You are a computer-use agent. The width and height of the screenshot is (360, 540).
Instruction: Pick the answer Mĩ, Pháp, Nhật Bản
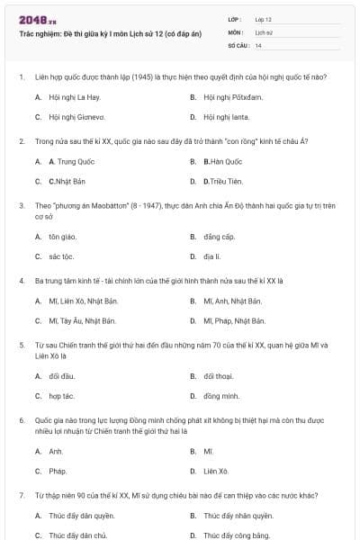234,320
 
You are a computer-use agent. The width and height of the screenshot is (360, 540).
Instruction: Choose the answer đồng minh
221,395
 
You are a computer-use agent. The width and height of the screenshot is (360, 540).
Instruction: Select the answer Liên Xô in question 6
216,471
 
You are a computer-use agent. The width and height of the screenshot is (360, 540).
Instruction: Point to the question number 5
21,345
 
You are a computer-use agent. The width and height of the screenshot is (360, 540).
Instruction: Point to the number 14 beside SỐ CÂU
258,44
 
